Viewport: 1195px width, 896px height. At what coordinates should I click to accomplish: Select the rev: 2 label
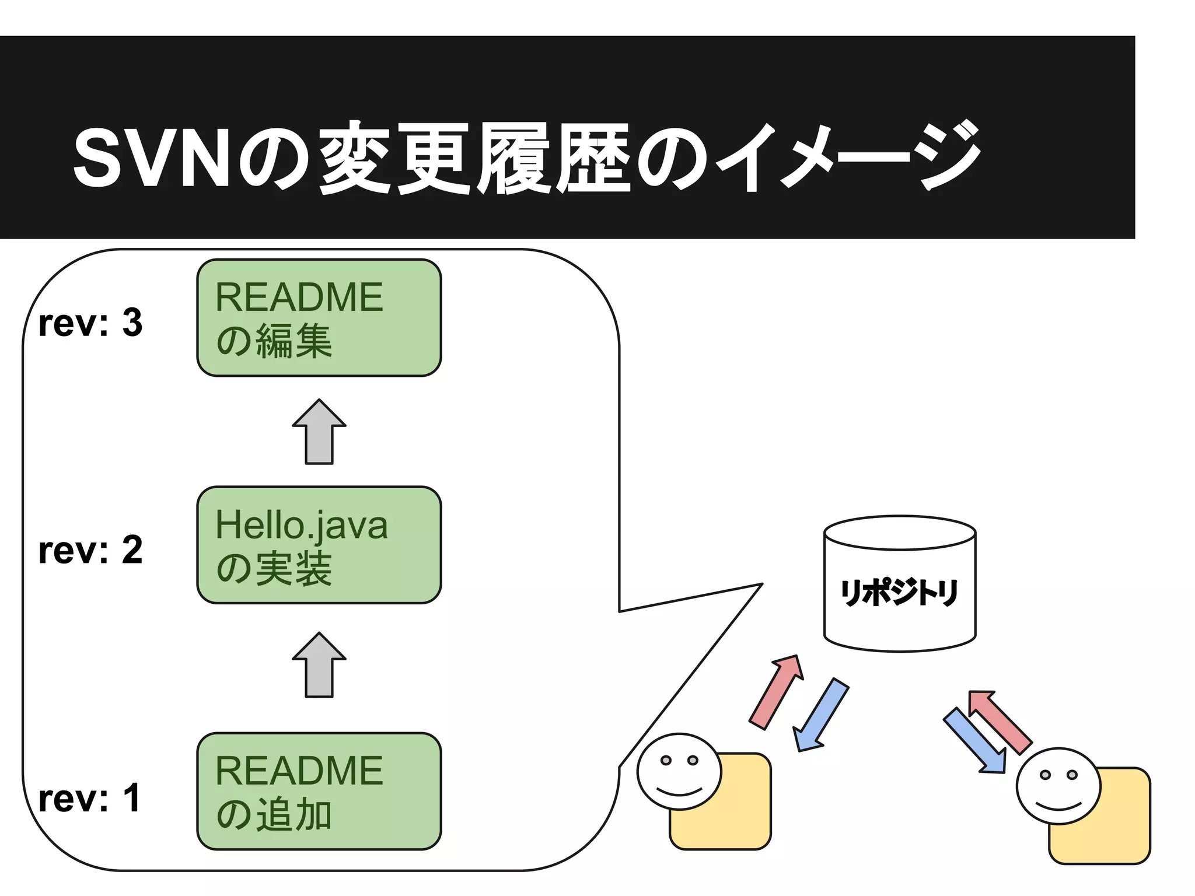point(90,550)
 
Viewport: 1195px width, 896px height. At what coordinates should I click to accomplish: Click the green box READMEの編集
point(319,318)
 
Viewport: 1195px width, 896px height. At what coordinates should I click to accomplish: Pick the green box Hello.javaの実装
point(319,545)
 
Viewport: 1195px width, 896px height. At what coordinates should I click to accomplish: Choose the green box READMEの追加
point(319,791)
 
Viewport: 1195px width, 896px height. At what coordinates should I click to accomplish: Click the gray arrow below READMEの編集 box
point(319,433)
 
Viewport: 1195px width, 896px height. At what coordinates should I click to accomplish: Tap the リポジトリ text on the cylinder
point(899,593)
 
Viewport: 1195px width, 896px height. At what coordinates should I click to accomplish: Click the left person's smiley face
point(679,771)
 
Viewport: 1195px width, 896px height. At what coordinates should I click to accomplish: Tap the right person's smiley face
point(1058,786)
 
